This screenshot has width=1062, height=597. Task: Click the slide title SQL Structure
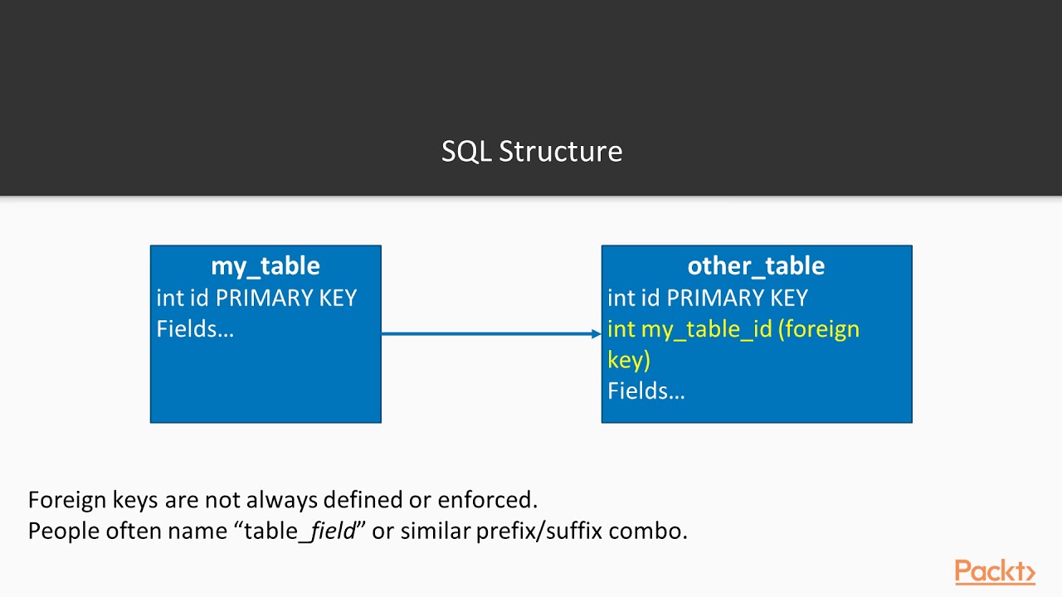(531, 152)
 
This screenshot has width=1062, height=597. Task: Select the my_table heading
(265, 266)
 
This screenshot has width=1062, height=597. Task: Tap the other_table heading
(756, 266)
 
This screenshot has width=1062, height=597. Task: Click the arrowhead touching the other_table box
(597, 334)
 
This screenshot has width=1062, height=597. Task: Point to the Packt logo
(994, 572)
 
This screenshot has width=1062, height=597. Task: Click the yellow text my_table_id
(707, 330)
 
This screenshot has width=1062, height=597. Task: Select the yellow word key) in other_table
(629, 361)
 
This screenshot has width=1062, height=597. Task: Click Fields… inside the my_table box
(195, 329)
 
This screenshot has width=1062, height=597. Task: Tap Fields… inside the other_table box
(646, 391)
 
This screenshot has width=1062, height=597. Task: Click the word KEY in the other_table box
(789, 298)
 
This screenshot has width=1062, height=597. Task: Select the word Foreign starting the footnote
(66, 500)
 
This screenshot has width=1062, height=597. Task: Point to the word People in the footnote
(63, 531)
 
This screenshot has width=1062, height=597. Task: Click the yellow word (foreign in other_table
(819, 330)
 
